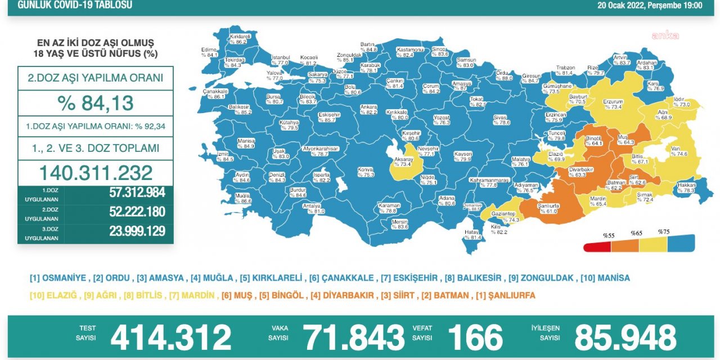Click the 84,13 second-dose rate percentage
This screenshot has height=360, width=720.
coord(96,103)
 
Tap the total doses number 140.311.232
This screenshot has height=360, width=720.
coord(96,173)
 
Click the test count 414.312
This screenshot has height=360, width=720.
coord(170,338)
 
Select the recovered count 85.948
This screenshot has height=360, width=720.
coord(625,338)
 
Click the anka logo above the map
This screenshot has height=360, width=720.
coord(665,35)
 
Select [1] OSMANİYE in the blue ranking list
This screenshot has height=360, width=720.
coord(58,278)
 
